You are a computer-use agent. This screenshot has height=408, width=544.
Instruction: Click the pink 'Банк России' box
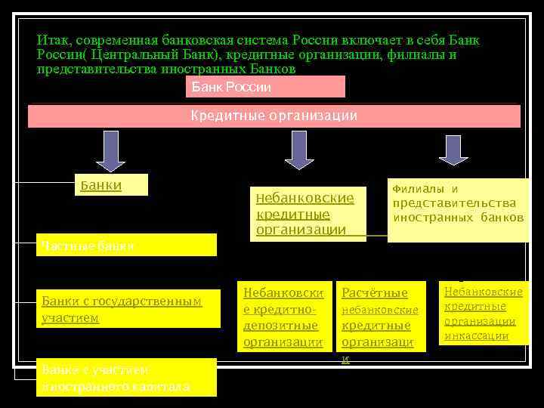tap(265, 87)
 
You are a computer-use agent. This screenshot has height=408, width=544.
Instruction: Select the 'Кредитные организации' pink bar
tap(274, 116)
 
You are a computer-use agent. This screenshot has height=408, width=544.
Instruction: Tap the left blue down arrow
tap(110, 148)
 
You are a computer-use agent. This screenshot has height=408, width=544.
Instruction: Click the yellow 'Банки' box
tap(113, 186)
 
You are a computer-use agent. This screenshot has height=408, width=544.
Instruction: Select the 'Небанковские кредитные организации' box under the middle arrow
tap(309, 214)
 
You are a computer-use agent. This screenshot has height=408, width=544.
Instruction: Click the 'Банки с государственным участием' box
tap(128, 310)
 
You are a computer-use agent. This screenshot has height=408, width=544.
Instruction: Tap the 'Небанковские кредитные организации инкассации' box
tap(483, 313)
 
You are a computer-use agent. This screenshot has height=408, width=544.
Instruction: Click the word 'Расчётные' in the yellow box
tap(375, 293)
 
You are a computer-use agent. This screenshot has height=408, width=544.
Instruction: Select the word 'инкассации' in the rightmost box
tap(477, 335)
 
